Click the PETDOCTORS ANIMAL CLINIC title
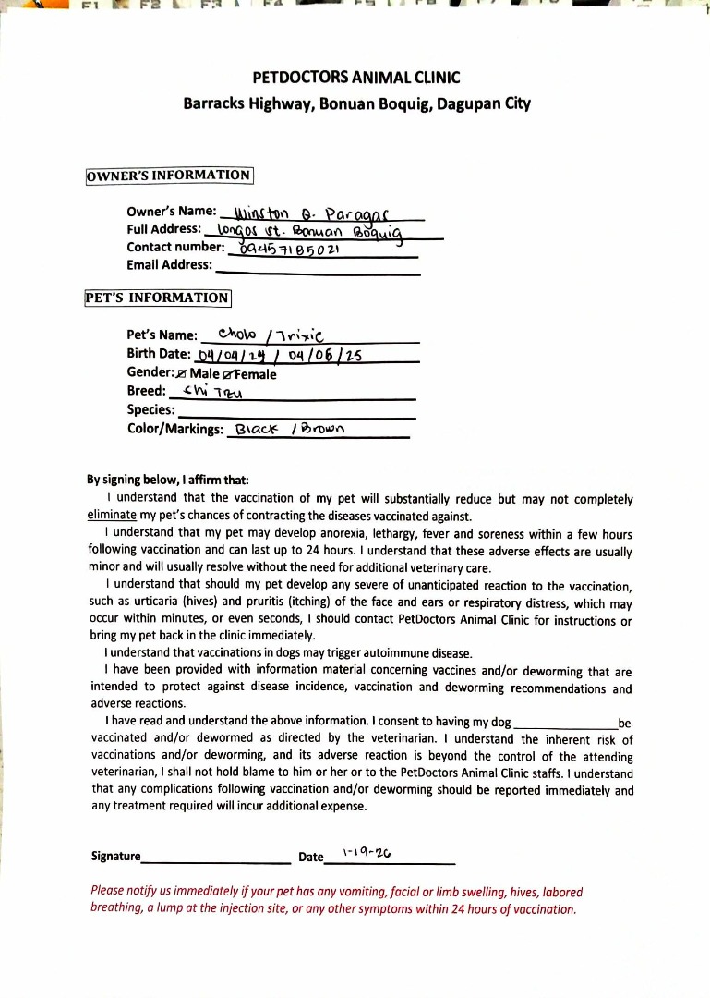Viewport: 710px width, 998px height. (355, 78)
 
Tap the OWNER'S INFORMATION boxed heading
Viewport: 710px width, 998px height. (169, 176)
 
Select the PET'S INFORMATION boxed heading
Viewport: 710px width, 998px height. (157, 298)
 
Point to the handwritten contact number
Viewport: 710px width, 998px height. (290, 249)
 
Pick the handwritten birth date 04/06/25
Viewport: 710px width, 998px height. (325, 356)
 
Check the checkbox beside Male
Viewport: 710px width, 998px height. (181, 374)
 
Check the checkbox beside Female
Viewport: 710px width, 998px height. (228, 374)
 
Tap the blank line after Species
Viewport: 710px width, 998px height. (295, 416)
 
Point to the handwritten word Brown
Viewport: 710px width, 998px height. (321, 429)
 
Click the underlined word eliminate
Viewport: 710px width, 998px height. (117, 516)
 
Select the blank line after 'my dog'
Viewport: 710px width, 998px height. (564, 725)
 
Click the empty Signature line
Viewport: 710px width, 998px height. (217, 860)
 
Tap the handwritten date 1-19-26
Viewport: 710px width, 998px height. (361, 854)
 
